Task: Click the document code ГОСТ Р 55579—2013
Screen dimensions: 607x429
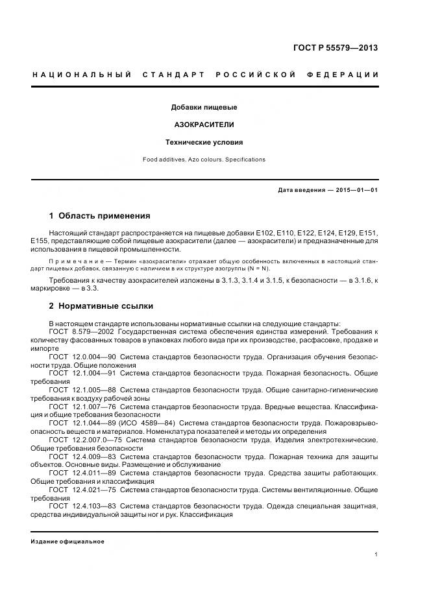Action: tap(337, 47)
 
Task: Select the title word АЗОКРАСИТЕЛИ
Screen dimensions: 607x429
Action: tap(204, 124)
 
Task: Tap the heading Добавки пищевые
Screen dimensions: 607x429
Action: tap(204, 106)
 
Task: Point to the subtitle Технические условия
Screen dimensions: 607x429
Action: tap(204, 142)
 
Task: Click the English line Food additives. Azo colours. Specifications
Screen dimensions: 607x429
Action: tap(204, 159)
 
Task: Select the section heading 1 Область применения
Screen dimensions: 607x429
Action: tap(99, 216)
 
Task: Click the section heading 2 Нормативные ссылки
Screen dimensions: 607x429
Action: tap(101, 305)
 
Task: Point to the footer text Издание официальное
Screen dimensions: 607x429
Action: tap(67, 542)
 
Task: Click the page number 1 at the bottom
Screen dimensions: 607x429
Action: tap(376, 554)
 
